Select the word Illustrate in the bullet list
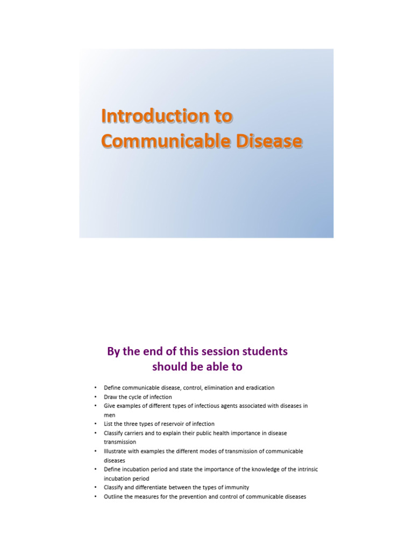[115, 451]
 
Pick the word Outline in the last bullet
[113, 497]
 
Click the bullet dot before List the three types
[95, 424]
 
